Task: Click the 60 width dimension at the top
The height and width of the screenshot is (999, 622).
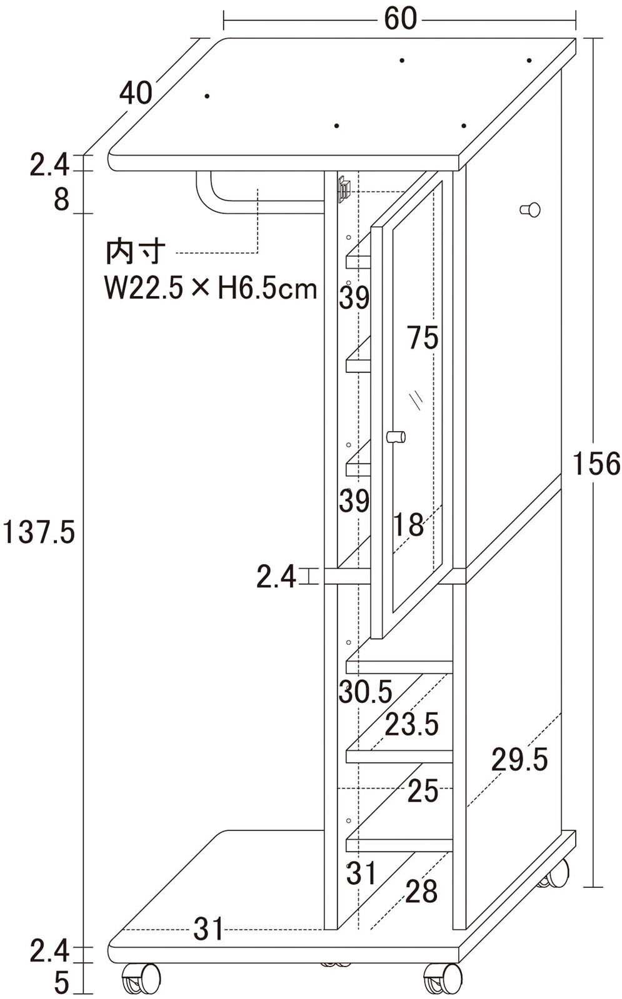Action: pos(400,19)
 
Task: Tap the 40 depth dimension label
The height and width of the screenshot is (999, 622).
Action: pos(136,93)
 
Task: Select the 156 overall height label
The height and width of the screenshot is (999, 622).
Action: pos(596,464)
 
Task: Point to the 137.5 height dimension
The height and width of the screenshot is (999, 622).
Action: pos(38,532)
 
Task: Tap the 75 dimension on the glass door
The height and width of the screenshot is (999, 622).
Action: pos(423,337)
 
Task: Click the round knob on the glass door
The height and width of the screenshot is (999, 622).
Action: pos(396,436)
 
